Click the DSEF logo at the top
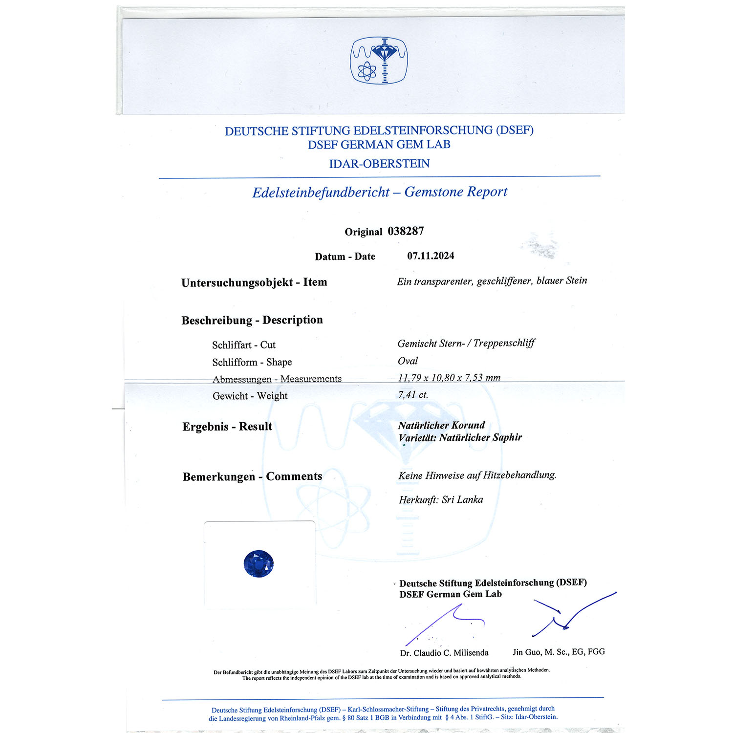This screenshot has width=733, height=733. point(379,61)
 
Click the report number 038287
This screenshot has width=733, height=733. point(406,231)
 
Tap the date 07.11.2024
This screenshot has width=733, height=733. point(431,256)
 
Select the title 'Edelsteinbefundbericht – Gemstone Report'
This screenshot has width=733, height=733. point(380,192)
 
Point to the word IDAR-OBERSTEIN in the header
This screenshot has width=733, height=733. point(379,164)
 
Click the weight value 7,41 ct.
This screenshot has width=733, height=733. point(413,395)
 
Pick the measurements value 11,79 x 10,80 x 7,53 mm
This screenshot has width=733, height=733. point(449,378)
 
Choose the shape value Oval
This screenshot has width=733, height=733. point(408,361)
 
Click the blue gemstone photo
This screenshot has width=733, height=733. point(259,563)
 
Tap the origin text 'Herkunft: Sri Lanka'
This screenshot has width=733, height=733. point(441,500)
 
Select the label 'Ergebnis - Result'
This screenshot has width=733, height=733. point(227,427)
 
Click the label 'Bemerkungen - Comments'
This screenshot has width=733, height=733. point(252,476)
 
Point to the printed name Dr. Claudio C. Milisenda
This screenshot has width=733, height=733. point(444,653)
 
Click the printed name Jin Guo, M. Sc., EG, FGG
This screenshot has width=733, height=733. point(559,652)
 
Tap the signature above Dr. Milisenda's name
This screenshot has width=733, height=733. point(442,623)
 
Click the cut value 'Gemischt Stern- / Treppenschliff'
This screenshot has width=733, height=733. point(466,344)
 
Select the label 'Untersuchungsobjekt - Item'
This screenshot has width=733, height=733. point(254,282)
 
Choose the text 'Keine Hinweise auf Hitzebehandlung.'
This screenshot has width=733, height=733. point(477,475)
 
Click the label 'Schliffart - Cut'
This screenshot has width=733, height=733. point(244,345)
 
